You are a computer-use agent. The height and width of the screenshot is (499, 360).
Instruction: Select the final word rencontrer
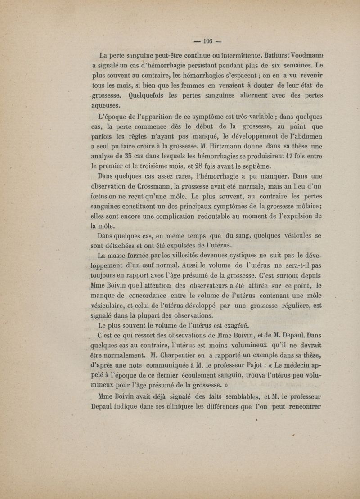coord(301,405)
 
